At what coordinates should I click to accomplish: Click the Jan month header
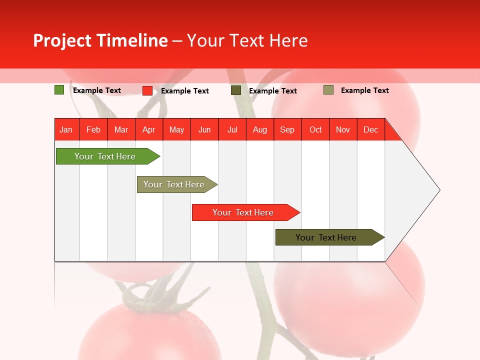pos(66,129)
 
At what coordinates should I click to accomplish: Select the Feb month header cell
pos(93,129)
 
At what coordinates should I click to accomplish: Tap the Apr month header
pos(149,129)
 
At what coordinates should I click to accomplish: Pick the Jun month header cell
pos(204,129)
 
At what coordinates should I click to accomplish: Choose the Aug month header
pos(260,129)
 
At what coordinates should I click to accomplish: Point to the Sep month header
pos(287,129)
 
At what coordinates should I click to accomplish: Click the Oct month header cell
pos(315,129)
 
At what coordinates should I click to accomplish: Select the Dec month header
pos(371,129)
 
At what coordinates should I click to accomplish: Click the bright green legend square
pos(59,90)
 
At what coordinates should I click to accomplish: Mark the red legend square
pos(147,90)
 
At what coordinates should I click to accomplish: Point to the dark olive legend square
pos(236,90)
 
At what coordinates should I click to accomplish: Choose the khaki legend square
pos(328,90)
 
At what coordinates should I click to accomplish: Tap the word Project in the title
pos(62,40)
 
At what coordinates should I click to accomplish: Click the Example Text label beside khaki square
pos(364,90)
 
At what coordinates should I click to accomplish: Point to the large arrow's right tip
pos(439,190)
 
